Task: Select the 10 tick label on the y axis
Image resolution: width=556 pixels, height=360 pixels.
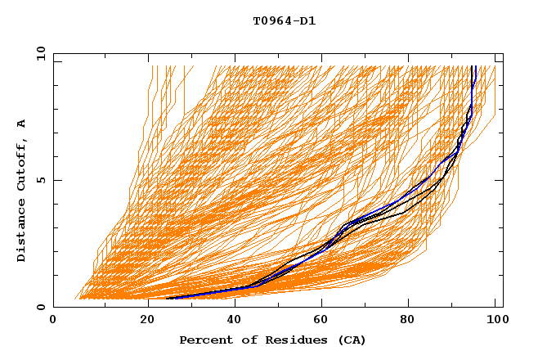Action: coord(38,53)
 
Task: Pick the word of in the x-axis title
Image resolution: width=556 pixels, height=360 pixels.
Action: coord(240,340)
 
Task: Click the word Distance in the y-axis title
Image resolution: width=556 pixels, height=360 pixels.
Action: coord(21,230)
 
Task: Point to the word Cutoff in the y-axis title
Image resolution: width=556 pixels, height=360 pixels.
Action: coord(21,163)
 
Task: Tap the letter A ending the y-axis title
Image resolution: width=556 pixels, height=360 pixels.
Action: coord(21,124)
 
